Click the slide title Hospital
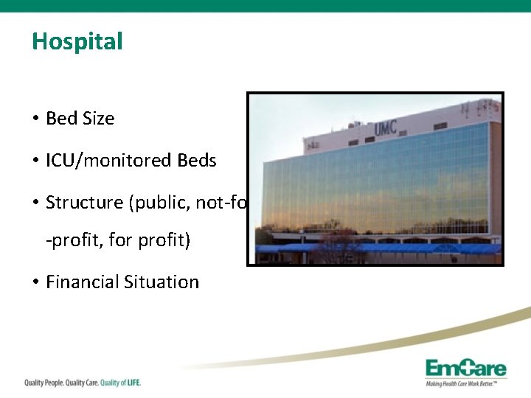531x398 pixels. (77, 41)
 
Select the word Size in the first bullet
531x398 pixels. (98, 118)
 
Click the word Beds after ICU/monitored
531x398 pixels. (197, 160)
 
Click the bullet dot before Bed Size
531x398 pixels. (35, 118)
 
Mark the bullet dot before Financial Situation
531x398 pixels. (35, 282)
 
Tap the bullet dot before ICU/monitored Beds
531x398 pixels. (35, 160)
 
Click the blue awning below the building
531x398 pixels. (383, 249)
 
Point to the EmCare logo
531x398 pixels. (465, 367)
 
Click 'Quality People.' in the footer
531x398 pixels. (43, 383)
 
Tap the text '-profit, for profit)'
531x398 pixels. (118, 241)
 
